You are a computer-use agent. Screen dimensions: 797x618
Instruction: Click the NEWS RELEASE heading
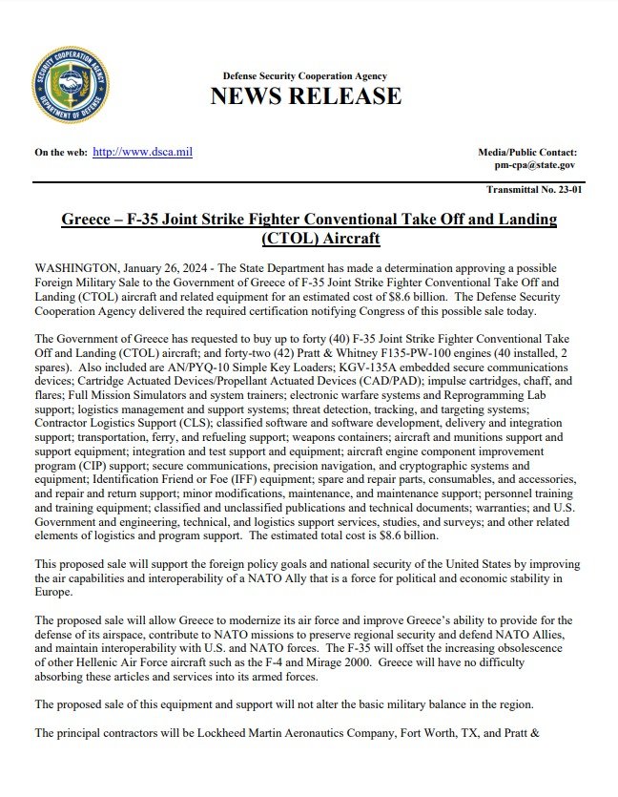click(x=305, y=96)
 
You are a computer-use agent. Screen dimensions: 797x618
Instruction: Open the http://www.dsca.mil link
click(x=142, y=152)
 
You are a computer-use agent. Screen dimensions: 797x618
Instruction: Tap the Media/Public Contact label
click(x=526, y=153)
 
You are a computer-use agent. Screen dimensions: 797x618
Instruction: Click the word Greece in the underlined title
click(x=92, y=220)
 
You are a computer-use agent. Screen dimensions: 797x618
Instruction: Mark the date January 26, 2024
click(x=197, y=267)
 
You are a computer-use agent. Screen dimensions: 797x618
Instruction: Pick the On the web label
click(x=61, y=153)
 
